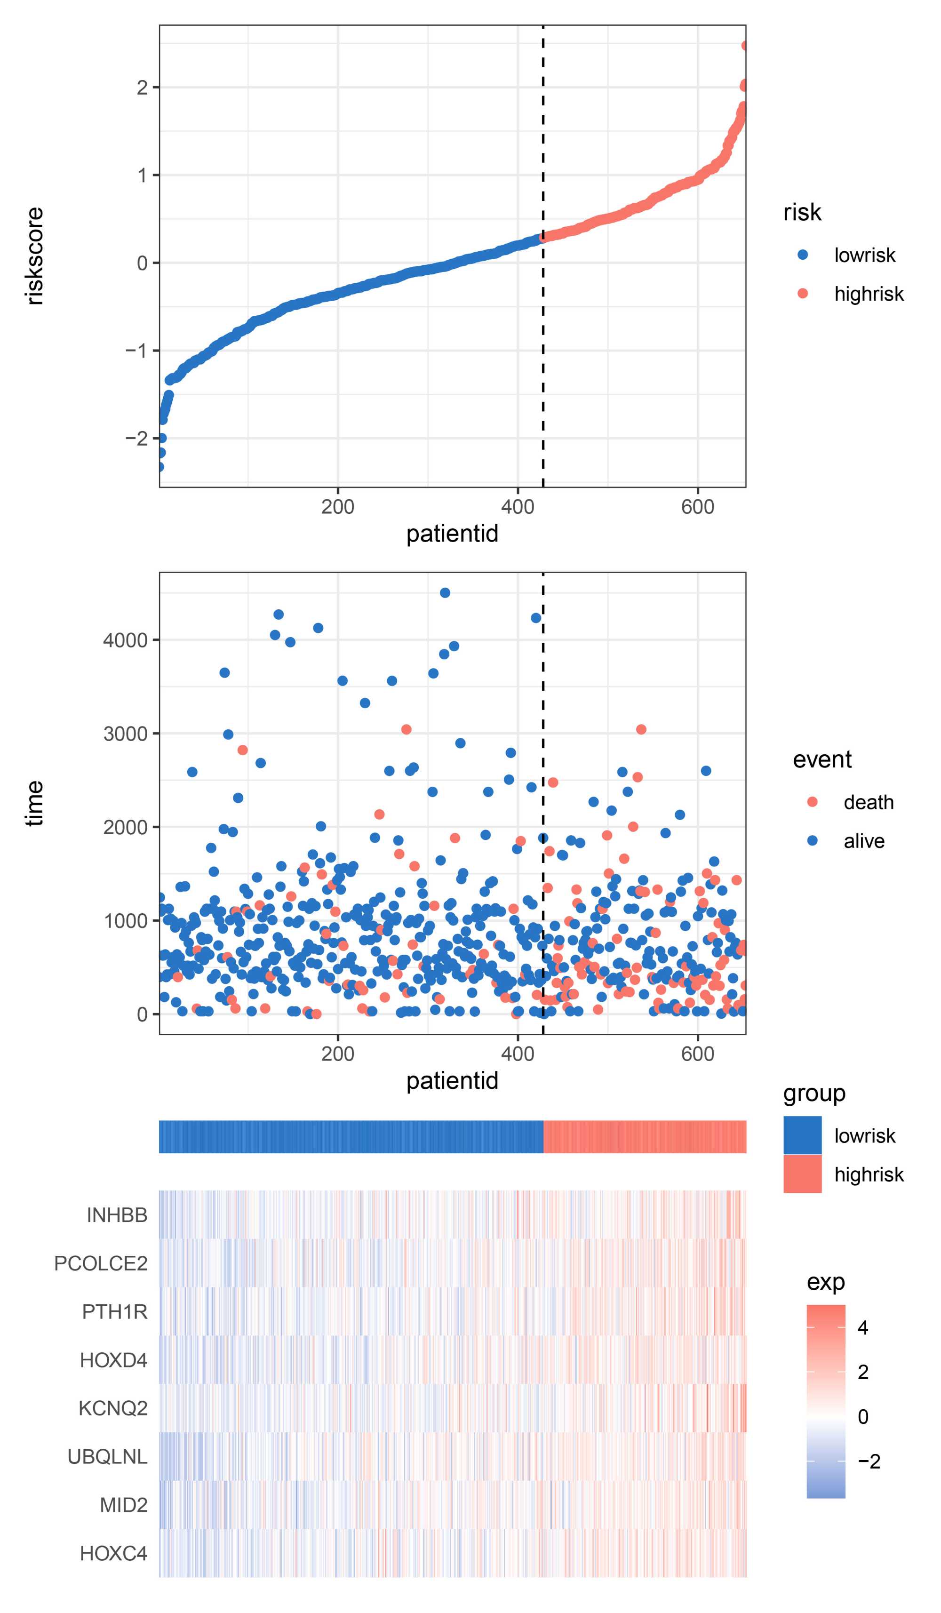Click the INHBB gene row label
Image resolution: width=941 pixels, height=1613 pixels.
117,1215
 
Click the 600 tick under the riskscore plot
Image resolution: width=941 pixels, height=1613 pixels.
697,507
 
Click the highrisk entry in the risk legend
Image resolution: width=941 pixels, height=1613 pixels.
868,294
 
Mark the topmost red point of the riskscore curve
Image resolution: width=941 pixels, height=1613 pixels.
744,46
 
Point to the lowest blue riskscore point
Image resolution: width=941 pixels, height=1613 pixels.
160,467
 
